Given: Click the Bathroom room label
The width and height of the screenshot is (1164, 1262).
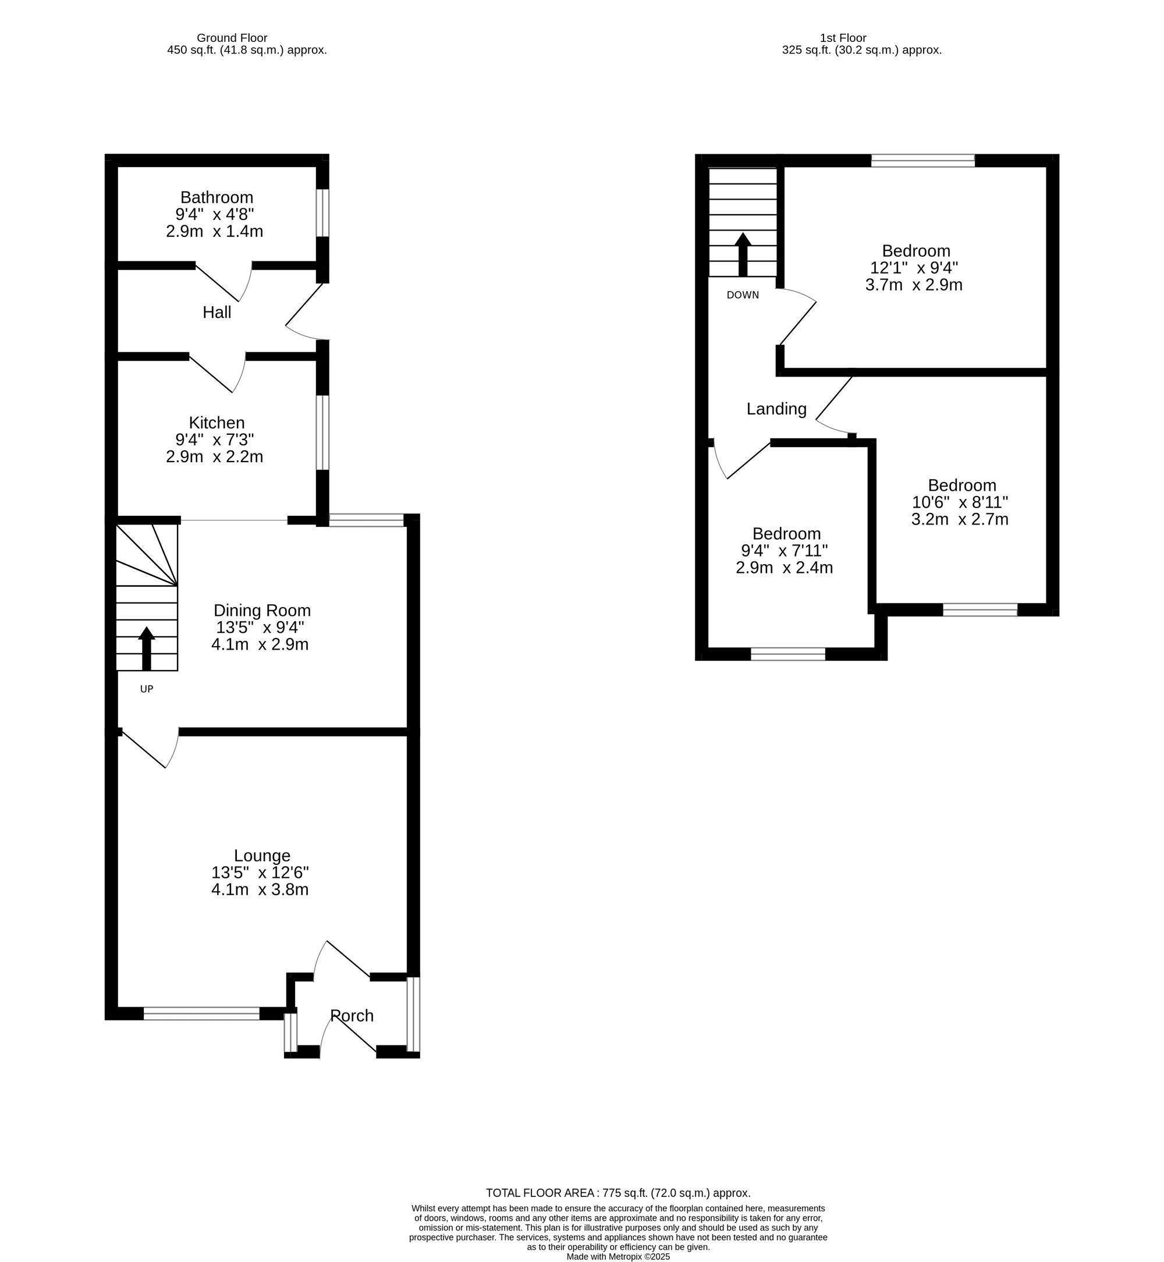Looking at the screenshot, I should (217, 197).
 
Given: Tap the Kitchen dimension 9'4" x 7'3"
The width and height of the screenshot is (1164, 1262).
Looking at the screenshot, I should (215, 439).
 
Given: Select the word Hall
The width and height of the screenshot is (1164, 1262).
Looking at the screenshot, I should (217, 312).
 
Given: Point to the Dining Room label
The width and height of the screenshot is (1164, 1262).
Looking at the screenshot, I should (262, 610).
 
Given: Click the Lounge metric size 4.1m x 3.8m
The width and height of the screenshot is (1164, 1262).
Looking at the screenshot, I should (260, 889).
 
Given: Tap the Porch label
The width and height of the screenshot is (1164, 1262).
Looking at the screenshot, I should (352, 1015).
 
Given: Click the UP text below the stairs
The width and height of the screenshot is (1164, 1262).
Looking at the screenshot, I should (146, 689).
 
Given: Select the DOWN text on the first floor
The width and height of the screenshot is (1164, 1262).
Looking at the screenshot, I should (743, 295).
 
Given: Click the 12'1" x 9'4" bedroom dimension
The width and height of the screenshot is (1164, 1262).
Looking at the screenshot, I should (914, 268).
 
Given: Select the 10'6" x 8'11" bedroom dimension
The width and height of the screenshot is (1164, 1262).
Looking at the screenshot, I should (960, 502).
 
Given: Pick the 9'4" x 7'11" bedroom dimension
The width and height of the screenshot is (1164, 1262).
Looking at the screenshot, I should (784, 551).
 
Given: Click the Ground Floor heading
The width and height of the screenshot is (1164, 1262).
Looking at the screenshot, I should (232, 38).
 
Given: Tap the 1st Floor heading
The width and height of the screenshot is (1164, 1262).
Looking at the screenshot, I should (843, 38).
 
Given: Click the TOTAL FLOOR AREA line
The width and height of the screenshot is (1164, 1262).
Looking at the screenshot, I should (618, 1193).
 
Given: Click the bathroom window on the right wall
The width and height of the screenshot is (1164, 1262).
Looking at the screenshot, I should (322, 212).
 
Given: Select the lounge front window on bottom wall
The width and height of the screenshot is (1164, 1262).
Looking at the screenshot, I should (201, 1013).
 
